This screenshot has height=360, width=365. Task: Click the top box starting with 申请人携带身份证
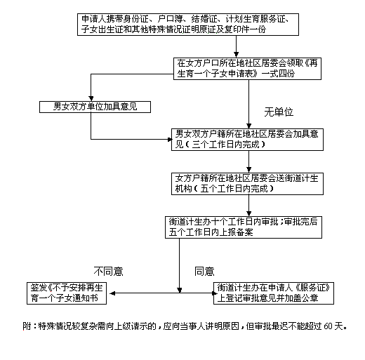coord(188,25)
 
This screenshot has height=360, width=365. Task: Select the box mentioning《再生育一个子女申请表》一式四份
coord(247,69)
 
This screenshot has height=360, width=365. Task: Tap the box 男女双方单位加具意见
coord(95,107)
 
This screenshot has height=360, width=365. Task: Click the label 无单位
coord(279,112)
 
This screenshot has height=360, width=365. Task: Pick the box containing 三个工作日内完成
coord(247,140)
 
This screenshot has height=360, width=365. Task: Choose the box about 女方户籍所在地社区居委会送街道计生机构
coord(247,184)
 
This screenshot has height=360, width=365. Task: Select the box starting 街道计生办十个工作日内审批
coord(244,227)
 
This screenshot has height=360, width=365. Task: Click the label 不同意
coord(108,271)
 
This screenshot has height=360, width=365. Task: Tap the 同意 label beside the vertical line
coord(204,271)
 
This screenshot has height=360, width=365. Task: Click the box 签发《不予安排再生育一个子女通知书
coord(67,293)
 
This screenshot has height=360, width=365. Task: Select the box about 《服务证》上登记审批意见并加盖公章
coord(274,293)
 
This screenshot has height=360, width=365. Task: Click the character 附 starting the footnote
coord(27,326)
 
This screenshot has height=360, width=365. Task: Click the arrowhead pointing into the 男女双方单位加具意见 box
coord(91,98)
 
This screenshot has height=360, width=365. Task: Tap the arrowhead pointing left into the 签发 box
coord(112,293)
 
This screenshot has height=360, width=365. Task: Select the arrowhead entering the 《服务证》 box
coord(214,293)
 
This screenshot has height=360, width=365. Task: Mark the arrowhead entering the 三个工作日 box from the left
coord(170,140)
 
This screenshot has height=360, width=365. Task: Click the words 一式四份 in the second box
coord(278,74)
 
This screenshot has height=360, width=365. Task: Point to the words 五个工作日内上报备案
coord(211,232)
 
